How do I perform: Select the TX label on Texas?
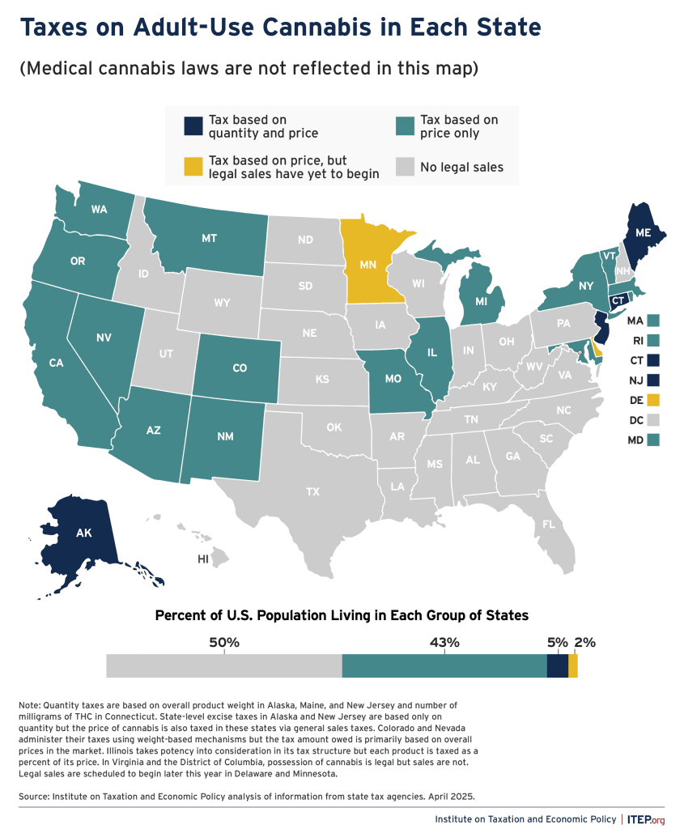tap(313, 491)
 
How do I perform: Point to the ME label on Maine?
tap(643, 232)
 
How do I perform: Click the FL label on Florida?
tap(548, 524)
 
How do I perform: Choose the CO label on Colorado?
tap(240, 368)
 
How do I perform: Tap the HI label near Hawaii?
tap(203, 559)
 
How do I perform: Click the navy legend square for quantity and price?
tap(193, 126)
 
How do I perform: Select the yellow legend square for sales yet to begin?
tap(193, 167)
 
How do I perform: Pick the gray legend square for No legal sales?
tap(405, 167)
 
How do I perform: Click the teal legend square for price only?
tap(405, 126)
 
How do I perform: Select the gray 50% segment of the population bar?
tap(224, 666)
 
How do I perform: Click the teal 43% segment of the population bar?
tap(444, 666)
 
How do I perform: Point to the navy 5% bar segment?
tap(557, 666)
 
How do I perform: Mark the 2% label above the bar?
tap(584, 642)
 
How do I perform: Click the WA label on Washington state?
tap(100, 210)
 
